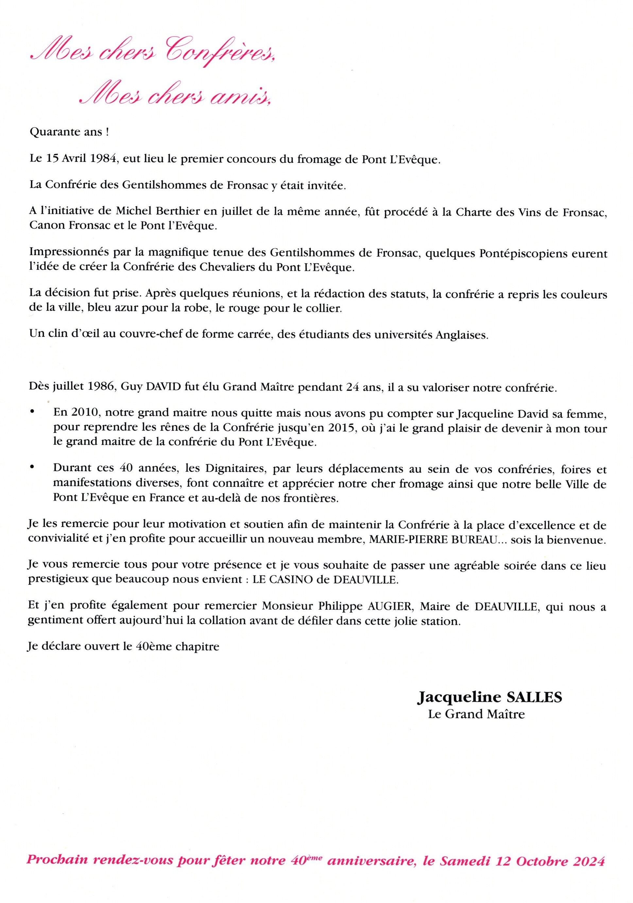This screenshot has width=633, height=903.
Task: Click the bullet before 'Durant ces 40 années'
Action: pos(32,469)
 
